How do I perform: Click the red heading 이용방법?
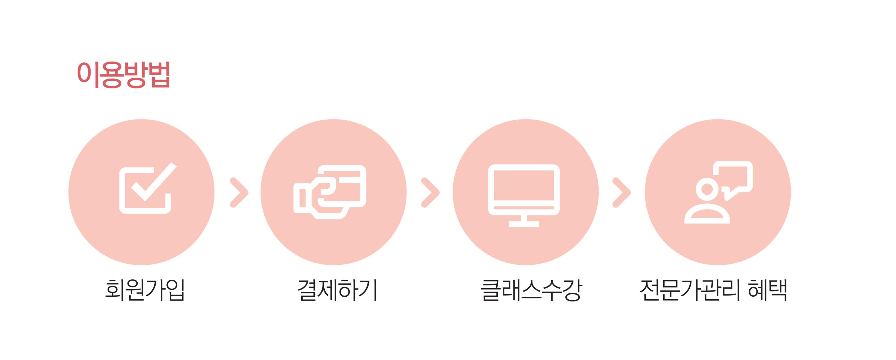123,74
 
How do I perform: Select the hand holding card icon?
330,192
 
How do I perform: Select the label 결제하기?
337,290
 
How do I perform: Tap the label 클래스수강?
531,290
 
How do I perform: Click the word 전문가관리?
689,290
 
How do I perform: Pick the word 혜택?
767,290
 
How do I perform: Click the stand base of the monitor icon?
524,224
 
